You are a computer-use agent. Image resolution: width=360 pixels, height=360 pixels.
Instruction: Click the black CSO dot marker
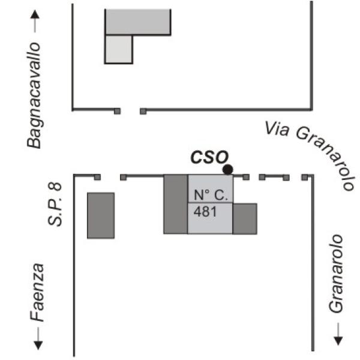pos(228,170)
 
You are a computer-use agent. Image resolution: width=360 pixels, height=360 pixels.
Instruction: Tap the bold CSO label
pos(209,157)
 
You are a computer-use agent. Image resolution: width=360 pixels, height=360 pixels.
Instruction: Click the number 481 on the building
pos(205,211)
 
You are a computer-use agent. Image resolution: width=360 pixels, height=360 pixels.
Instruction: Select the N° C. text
pos(211,195)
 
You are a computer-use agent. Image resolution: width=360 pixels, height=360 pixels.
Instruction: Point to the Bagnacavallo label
pos(34,95)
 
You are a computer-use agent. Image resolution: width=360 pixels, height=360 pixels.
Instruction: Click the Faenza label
pos(37,292)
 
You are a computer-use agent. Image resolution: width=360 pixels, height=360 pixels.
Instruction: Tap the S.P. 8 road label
pos(55,204)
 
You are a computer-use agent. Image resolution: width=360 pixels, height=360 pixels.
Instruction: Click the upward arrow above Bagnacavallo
pos(35,21)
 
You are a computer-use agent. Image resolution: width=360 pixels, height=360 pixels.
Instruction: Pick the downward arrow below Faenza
pos(38,338)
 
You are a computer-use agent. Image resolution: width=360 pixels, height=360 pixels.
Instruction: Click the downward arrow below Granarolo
pos(338,334)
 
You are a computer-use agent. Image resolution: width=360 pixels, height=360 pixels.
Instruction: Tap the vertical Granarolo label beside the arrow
pos(335,274)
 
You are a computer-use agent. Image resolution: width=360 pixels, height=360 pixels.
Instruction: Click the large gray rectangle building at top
pos(138,22)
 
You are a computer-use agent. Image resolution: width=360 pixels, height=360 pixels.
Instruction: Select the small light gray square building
pos(119,49)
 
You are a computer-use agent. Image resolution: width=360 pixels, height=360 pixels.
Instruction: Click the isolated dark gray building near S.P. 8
pos(101,215)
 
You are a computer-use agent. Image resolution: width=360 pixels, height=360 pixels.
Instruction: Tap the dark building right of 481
pos(245,218)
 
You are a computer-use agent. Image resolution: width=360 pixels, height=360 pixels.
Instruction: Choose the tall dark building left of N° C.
pos(176,204)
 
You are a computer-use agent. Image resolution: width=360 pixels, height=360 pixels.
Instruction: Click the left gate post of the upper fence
pos(118,112)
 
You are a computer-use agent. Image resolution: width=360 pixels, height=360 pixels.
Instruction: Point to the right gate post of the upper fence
pos(143,112)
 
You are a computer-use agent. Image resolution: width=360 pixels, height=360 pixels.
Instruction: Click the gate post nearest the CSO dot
pos(246,177)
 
